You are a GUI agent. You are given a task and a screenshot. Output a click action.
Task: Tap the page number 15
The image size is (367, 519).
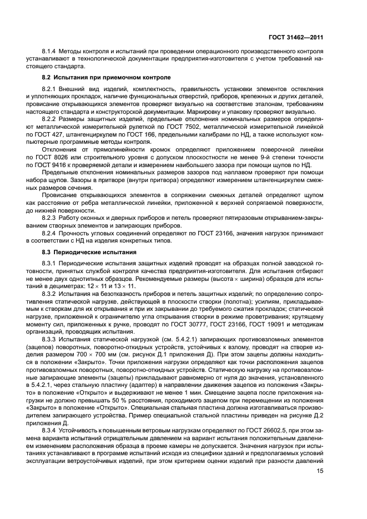[320, 471]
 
